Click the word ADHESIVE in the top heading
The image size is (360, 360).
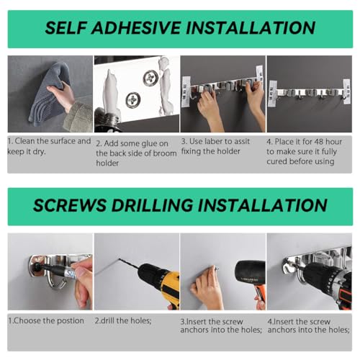coord(136,27)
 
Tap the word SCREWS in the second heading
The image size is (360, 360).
coord(69,205)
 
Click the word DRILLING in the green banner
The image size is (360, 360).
coord(152,205)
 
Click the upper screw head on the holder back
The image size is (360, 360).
coord(150,77)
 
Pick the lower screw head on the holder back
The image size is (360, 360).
coord(132,100)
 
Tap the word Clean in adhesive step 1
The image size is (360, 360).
coord(25,141)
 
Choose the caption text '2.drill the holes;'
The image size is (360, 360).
coord(123,321)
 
